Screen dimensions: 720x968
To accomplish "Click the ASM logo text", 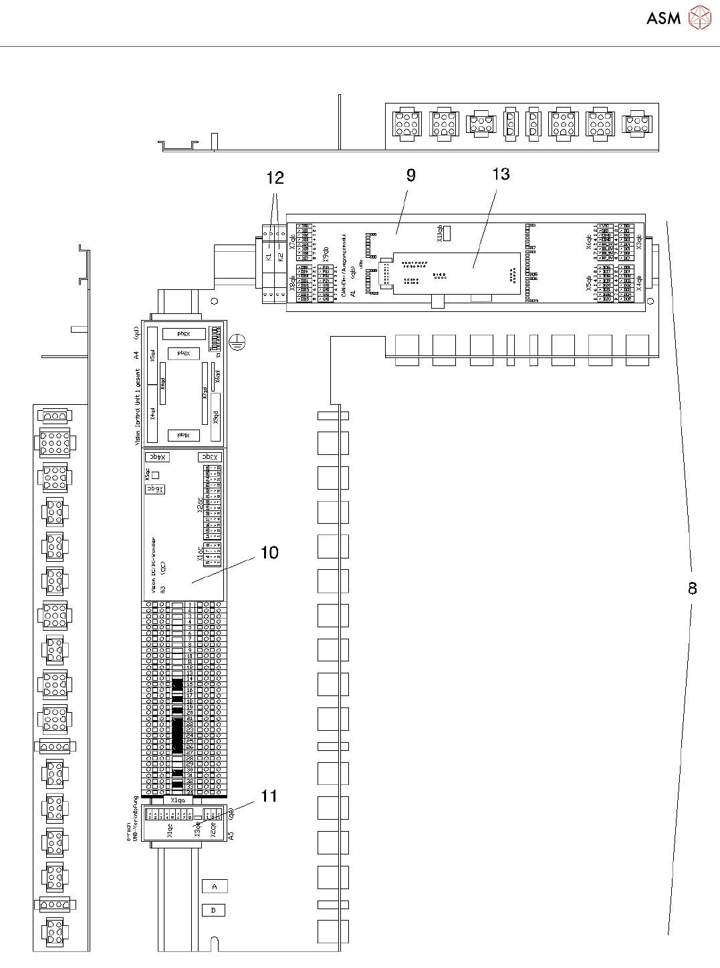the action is (x=663, y=19).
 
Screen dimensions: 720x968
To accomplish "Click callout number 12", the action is (x=275, y=178).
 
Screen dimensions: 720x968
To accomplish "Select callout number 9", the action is (x=410, y=175).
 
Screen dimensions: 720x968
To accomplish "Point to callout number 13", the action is (x=501, y=174).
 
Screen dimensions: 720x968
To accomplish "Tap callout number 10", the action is (x=269, y=552).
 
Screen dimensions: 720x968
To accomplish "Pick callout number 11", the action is (x=269, y=796).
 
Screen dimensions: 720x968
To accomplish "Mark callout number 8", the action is (x=693, y=588).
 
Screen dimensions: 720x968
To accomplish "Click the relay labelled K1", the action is (x=269, y=257).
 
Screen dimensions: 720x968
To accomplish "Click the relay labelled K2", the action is (x=281, y=257).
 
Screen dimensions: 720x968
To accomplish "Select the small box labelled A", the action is (x=215, y=886).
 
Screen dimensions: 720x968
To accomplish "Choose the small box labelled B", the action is (x=214, y=910).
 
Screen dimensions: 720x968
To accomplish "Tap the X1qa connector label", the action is (x=178, y=800).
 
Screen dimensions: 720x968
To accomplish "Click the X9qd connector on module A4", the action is (x=216, y=418).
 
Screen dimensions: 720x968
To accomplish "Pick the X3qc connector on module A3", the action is (x=209, y=457).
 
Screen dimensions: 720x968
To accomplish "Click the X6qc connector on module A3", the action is (x=155, y=489).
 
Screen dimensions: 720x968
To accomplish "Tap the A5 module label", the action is (x=231, y=836).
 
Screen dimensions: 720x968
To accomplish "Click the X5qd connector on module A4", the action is (x=152, y=356).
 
